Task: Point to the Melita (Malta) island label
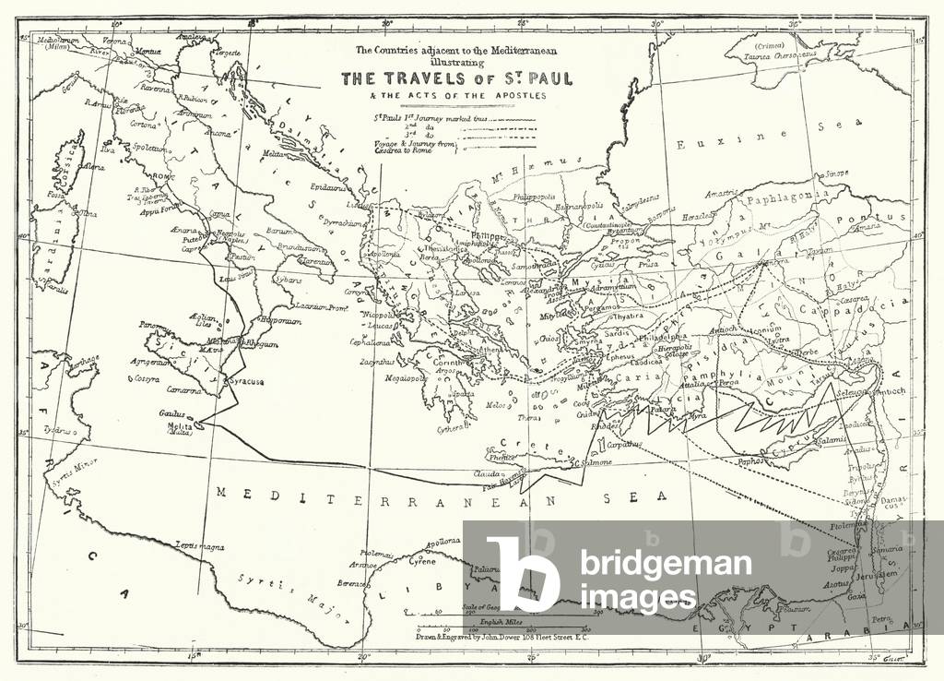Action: tap(180, 428)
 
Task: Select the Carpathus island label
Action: tap(597, 444)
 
